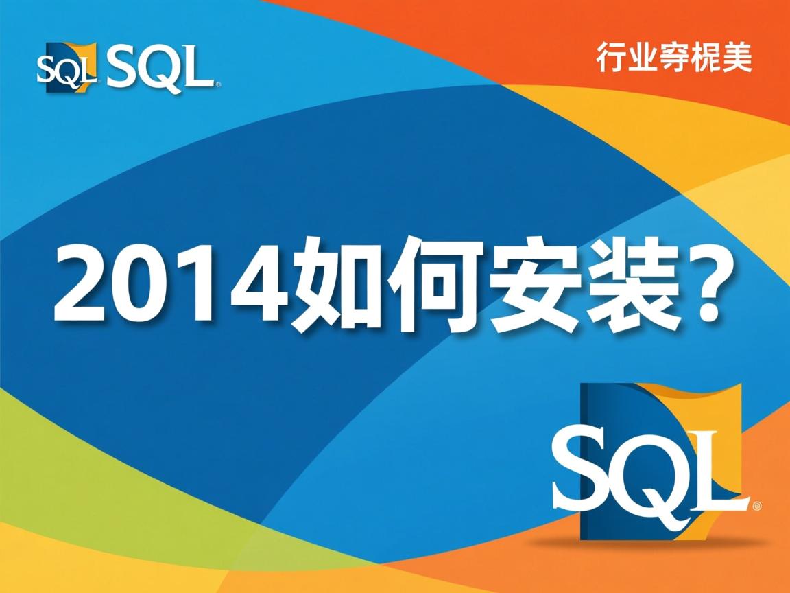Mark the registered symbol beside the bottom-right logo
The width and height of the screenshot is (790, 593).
756,507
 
